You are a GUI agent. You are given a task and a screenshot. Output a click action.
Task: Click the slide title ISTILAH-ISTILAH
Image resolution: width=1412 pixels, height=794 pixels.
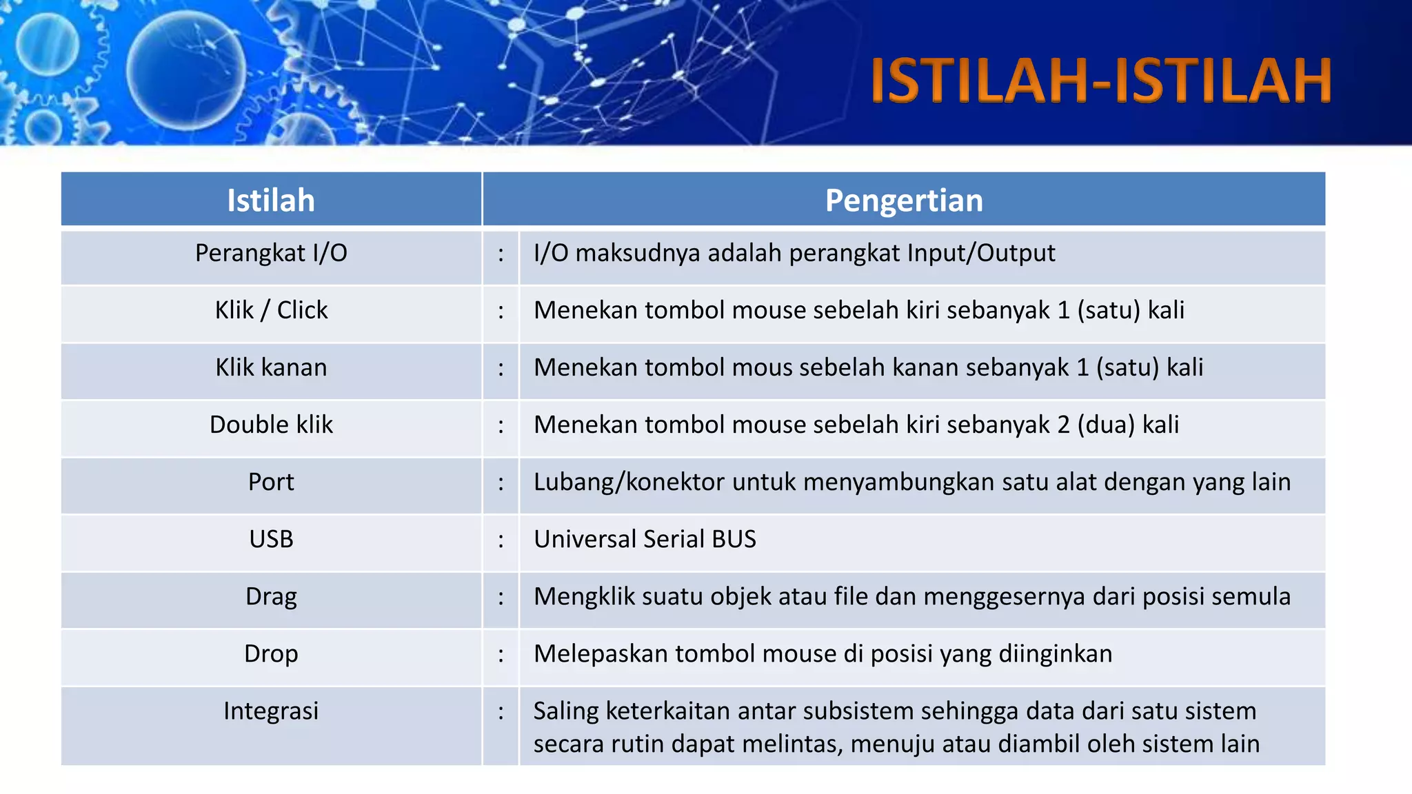click(x=1100, y=81)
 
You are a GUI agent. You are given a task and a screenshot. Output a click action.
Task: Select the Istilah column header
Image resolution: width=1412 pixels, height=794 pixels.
click(x=271, y=201)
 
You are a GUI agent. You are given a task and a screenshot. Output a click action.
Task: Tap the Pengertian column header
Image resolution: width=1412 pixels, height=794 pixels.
click(x=904, y=201)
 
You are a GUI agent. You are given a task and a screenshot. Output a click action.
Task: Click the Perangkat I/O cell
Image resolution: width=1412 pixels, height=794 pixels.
click(x=271, y=253)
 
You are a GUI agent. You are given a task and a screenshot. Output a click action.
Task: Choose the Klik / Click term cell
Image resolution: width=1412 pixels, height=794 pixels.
click(x=271, y=310)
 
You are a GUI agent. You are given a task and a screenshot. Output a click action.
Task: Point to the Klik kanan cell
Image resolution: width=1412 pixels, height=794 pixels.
click(x=271, y=367)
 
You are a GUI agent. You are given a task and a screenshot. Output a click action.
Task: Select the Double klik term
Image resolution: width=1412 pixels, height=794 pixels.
click(x=271, y=425)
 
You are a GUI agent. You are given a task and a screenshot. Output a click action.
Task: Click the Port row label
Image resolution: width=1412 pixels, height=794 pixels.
click(x=271, y=482)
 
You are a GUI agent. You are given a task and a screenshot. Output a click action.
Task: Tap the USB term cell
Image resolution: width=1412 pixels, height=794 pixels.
click(x=271, y=539)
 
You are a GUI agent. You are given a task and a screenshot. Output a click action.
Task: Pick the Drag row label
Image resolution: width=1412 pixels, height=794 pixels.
click(x=271, y=596)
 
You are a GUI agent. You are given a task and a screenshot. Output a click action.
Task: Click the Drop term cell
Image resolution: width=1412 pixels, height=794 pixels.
click(x=271, y=653)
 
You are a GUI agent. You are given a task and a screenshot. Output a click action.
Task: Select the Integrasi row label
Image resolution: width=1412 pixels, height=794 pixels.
click(x=271, y=711)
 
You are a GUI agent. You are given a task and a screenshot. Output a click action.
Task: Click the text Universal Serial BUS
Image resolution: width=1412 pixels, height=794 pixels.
click(x=645, y=539)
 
